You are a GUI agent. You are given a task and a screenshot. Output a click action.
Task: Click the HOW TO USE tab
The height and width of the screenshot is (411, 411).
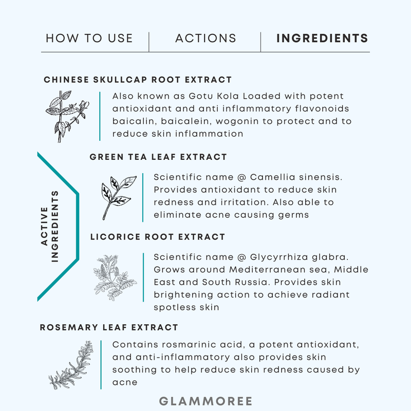tap(89, 38)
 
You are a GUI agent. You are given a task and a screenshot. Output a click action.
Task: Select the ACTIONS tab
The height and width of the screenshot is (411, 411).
tap(206, 38)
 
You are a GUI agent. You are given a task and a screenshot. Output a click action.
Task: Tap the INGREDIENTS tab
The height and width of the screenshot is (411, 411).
tap(323, 38)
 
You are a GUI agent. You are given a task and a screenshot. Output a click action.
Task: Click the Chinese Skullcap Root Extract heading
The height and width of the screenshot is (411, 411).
tap(138, 80)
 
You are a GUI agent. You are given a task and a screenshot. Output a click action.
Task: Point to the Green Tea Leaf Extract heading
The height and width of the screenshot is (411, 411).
tap(158, 157)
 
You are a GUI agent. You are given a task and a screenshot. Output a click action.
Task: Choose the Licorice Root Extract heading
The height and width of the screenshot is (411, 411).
tap(158, 237)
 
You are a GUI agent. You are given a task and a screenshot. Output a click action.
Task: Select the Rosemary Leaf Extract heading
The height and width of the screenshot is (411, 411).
tap(109, 327)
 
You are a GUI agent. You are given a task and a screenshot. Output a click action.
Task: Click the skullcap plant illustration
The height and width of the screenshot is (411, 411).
tap(67, 117)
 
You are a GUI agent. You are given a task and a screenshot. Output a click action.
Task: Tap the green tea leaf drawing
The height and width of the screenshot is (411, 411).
tap(119, 198)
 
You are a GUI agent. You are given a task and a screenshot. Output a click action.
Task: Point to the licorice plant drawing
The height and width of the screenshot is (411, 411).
tap(115, 277)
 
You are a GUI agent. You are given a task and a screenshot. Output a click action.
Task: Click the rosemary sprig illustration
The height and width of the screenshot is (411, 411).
tap(71, 365)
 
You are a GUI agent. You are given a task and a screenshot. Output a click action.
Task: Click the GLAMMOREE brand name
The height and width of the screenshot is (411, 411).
tap(206, 401)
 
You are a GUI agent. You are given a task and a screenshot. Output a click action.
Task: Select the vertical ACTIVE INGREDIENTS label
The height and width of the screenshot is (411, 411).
tap(50, 226)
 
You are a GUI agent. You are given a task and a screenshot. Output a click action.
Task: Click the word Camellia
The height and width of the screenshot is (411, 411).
tap(273, 177)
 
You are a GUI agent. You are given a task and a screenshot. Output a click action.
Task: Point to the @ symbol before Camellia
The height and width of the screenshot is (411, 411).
tap(241, 177)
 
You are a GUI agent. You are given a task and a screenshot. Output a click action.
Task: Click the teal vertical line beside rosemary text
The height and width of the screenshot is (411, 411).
tap(101, 365)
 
